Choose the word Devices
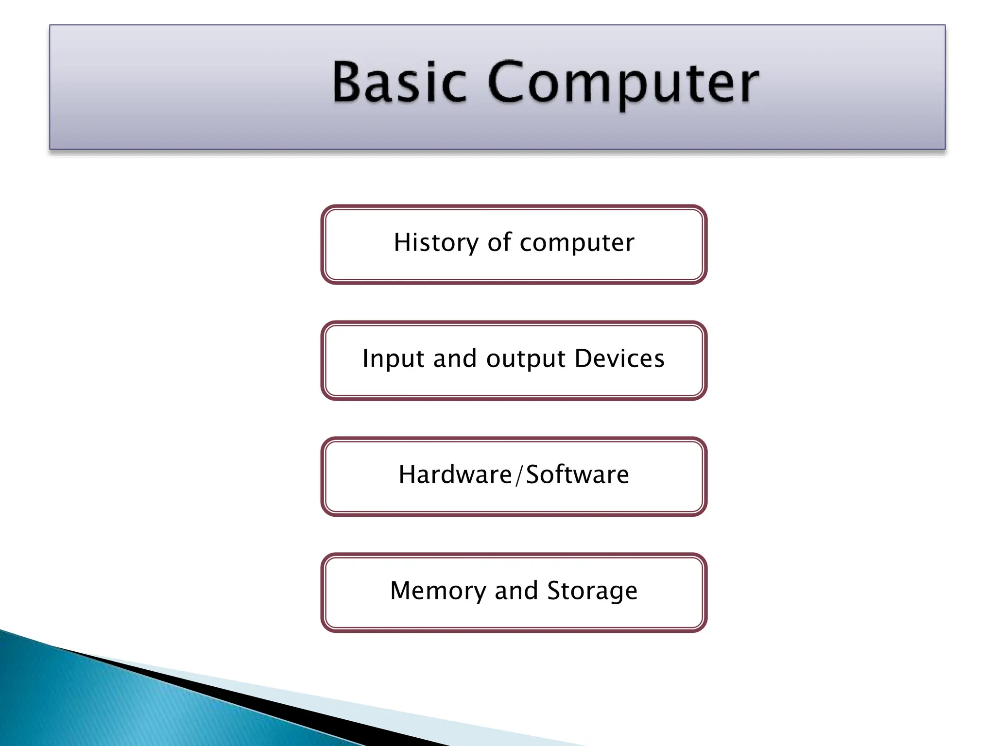[x=619, y=358]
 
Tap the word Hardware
[x=455, y=475]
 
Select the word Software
[x=578, y=475]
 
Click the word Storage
[x=592, y=592]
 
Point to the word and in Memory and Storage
[x=516, y=591]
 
